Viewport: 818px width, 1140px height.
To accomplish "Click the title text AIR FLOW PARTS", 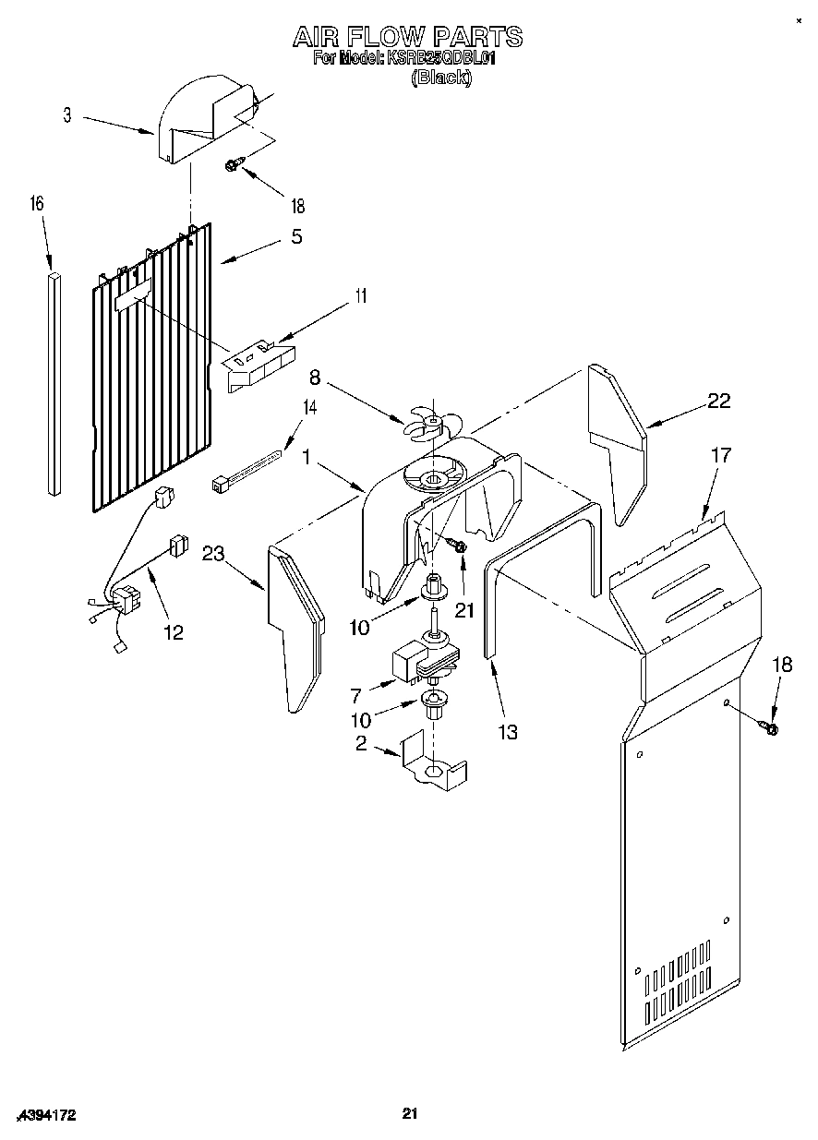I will pyautogui.click(x=407, y=37).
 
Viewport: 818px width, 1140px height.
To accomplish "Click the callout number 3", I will pyautogui.click(x=67, y=115).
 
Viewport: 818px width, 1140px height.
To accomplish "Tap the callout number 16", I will pyautogui.click(x=38, y=204).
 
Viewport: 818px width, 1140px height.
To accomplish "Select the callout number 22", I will pyautogui.click(x=718, y=401).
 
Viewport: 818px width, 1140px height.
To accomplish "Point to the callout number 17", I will pyautogui.click(x=720, y=454).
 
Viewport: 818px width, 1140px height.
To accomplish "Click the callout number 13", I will pyautogui.click(x=507, y=732).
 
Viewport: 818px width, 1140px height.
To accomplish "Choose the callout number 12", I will pyautogui.click(x=173, y=632).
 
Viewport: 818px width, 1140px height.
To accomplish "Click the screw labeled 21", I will pyautogui.click(x=456, y=547).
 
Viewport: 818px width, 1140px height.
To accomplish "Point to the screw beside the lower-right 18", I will pyautogui.click(x=771, y=728).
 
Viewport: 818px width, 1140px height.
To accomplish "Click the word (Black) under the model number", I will pyautogui.click(x=440, y=78).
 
